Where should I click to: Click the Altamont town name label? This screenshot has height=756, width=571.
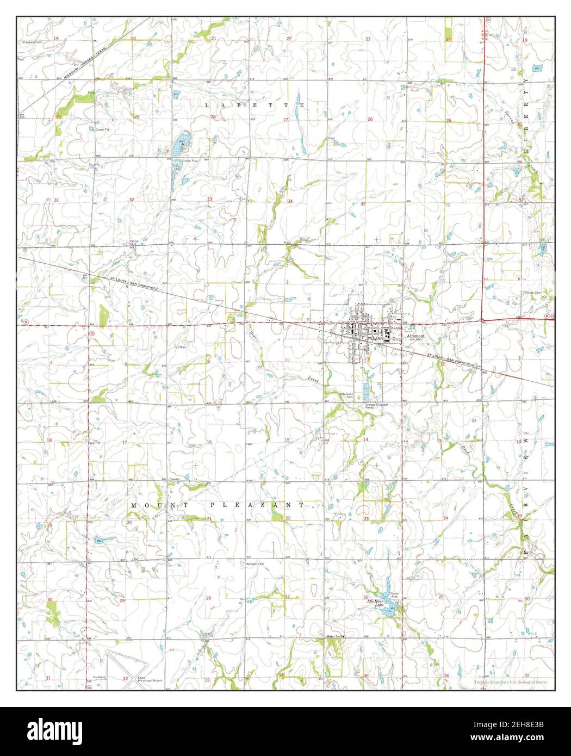pyautogui.click(x=417, y=336)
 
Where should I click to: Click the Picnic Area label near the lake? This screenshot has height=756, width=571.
pyautogui.click(x=395, y=596)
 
